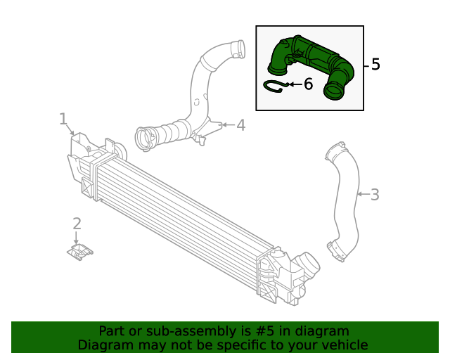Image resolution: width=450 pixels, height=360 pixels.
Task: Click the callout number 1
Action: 63,119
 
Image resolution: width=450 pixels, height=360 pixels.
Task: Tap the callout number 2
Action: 77,224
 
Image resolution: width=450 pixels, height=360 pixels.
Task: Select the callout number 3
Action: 374,194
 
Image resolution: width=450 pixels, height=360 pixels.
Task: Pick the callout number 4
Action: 240,125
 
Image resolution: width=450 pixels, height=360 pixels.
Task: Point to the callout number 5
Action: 375,64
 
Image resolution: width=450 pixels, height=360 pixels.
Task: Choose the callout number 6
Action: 307,84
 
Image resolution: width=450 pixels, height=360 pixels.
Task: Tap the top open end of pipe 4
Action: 238,49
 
